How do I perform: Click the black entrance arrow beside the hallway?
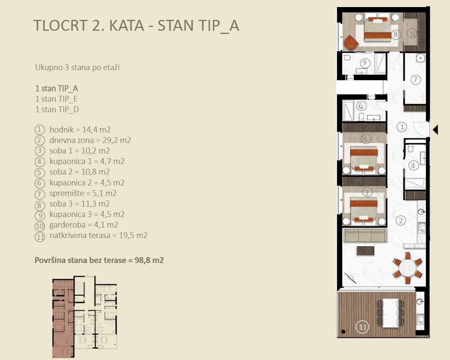(436, 130)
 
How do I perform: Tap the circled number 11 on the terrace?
(363, 327)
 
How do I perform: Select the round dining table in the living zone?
(407, 268)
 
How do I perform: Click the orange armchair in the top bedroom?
(351, 43)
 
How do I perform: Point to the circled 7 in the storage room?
(415, 80)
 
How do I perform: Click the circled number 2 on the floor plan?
(401, 221)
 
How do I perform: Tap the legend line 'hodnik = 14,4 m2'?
(80, 130)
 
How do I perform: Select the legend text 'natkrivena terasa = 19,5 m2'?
(99, 236)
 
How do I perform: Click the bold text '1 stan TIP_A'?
(57, 88)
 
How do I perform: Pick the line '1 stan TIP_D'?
(57, 109)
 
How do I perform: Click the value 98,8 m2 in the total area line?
(149, 260)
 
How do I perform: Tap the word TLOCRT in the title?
(60, 26)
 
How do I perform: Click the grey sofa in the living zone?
(364, 236)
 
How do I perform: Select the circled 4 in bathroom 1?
(413, 166)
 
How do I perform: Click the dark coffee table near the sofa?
(365, 251)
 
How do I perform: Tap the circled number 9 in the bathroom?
(364, 63)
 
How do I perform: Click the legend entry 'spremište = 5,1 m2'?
(83, 193)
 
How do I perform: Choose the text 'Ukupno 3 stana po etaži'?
(77, 67)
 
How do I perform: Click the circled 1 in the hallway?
(402, 127)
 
